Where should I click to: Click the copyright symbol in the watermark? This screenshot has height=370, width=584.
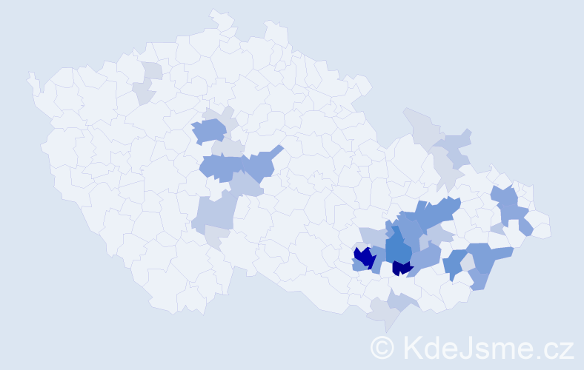pos(382,347)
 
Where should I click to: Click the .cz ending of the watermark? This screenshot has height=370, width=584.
pos(554,347)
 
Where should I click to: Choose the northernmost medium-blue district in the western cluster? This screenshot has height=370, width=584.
pos(209,130)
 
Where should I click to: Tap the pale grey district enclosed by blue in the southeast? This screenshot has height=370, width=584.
pos(467,262)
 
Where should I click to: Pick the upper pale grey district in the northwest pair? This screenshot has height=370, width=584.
pos(153,71)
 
